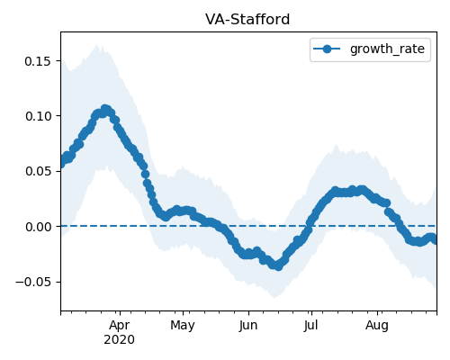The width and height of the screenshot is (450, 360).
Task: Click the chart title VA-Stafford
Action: (247, 20)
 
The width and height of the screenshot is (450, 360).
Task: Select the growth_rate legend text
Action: (387, 49)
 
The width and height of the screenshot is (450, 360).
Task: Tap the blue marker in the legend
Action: (327, 49)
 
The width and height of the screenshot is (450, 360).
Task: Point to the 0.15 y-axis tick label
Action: (38, 61)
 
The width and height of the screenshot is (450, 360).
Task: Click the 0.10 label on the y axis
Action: (38, 116)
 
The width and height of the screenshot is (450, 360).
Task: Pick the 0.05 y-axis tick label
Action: (38, 171)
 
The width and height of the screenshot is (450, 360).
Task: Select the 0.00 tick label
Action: (38, 227)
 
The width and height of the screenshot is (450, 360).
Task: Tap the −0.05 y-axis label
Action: (33, 282)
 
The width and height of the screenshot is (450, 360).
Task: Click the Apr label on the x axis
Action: (120, 326)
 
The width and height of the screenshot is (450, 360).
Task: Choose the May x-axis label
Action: (183, 326)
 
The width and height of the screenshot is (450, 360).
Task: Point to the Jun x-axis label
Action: (248, 326)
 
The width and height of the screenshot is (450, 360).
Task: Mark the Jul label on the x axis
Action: (310, 326)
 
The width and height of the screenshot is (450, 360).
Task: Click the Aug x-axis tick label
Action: (377, 326)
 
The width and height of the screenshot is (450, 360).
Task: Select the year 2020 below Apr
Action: (119, 340)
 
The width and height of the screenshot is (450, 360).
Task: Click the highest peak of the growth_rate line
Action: (104, 109)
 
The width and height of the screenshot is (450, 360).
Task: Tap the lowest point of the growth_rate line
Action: (278, 266)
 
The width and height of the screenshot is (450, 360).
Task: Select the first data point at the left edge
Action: (62, 163)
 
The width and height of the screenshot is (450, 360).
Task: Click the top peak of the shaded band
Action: (96, 45)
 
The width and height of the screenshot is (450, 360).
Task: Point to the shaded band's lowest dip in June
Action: (274, 297)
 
